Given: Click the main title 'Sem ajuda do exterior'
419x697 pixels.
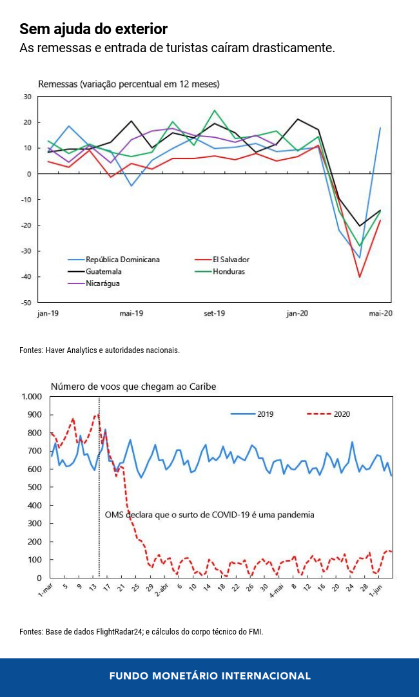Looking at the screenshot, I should click(x=93, y=29).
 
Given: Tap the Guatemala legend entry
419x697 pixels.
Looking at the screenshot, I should click(x=104, y=271).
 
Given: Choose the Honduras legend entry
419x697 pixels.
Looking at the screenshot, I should click(x=228, y=271).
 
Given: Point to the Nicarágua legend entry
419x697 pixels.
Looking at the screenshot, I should click(x=102, y=283).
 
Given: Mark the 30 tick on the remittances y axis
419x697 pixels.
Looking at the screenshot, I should click(x=28, y=97).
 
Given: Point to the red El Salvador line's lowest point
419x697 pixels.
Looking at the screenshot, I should click(x=360, y=277).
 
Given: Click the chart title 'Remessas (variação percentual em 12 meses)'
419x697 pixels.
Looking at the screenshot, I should click(x=129, y=84).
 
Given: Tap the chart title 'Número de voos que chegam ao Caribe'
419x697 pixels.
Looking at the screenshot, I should click(x=133, y=387).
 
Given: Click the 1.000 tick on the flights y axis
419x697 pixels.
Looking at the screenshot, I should click(x=31, y=396).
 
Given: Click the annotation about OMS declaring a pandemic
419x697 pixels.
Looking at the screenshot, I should click(x=209, y=515).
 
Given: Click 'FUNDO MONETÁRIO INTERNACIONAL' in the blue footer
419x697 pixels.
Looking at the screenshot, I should click(x=209, y=676).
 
